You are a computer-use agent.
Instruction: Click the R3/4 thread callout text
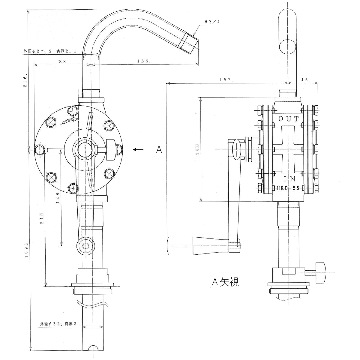coord(212,21)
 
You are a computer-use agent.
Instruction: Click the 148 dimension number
coord(58,198)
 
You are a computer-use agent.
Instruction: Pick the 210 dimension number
coord(42,218)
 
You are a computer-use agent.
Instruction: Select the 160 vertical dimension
coord(197,149)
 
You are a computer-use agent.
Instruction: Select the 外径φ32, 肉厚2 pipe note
coord(58,324)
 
